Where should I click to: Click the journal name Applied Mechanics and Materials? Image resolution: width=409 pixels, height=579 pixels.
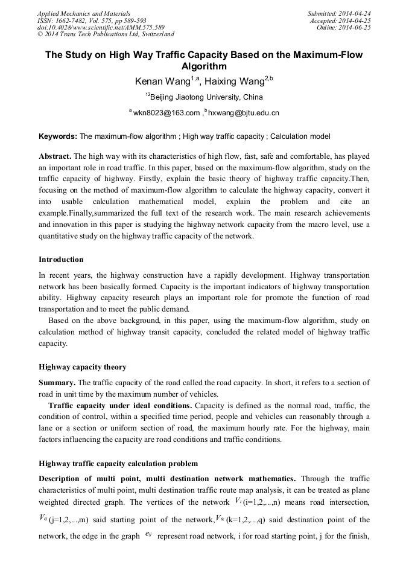[83, 13]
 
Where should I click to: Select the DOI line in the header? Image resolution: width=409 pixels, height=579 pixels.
[101, 27]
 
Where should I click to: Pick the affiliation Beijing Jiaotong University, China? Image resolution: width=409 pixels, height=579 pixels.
[206, 97]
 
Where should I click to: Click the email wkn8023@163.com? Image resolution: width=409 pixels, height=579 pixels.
[166, 113]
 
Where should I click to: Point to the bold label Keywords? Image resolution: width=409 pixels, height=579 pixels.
[58, 136]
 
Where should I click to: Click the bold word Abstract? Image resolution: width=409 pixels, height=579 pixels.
[55, 156]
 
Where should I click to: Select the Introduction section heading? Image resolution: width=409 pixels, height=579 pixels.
[61, 260]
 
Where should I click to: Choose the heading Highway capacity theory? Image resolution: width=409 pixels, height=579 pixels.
[83, 367]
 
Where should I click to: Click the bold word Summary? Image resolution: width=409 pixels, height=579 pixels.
[57, 383]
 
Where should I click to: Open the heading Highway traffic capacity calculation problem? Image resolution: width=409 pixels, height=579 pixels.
[118, 464]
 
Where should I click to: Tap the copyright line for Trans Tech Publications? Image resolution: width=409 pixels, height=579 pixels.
[106, 34]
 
